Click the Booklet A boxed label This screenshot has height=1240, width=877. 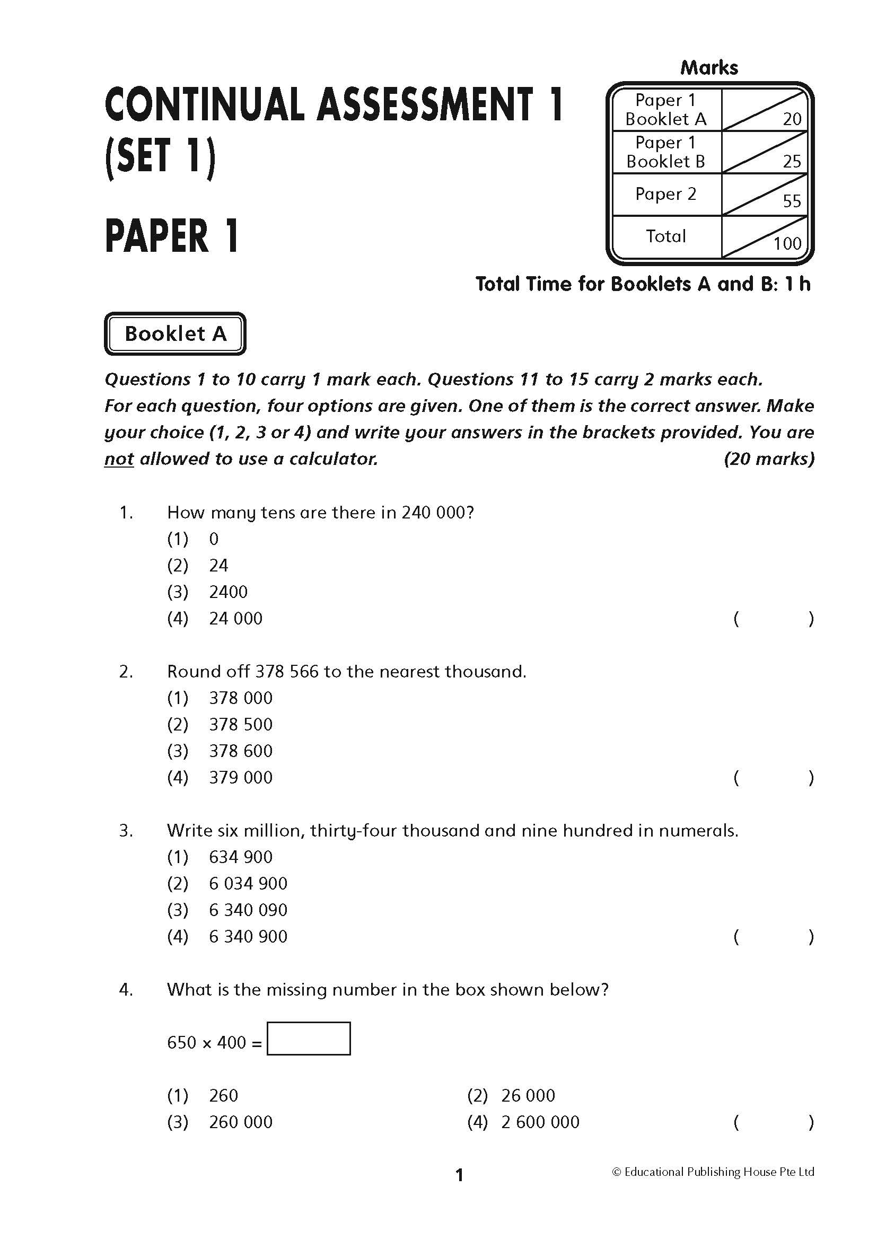tap(175, 334)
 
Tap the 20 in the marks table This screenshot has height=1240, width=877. tap(792, 119)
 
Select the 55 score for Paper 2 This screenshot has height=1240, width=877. tap(792, 201)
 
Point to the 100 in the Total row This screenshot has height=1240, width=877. tap(787, 243)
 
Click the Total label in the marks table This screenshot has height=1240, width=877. tap(666, 236)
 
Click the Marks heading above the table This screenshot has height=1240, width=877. tap(709, 67)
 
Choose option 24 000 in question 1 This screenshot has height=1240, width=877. tap(235, 618)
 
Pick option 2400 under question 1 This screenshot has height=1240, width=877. tap(228, 592)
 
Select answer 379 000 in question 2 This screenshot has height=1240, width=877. tap(241, 777)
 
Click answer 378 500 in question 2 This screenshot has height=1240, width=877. tap(241, 724)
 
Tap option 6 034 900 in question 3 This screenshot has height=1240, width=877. tap(248, 883)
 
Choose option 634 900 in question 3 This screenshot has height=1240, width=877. tap(241, 857)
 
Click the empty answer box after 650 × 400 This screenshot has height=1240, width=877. tap(309, 1038)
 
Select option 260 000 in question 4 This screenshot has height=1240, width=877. tap(241, 1122)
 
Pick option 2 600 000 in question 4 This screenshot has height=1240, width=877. tap(540, 1122)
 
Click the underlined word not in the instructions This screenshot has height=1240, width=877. tap(119, 459)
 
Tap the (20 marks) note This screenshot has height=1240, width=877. tap(769, 459)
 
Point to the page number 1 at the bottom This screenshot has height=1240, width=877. tap(460, 1175)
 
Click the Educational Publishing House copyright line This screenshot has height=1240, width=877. tap(713, 1172)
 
